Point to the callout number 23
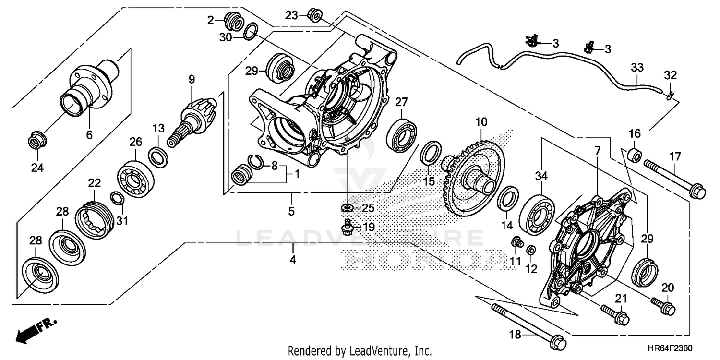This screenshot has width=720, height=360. [291, 15]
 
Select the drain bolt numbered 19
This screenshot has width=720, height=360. [347, 228]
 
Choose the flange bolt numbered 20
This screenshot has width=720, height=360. [664, 306]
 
